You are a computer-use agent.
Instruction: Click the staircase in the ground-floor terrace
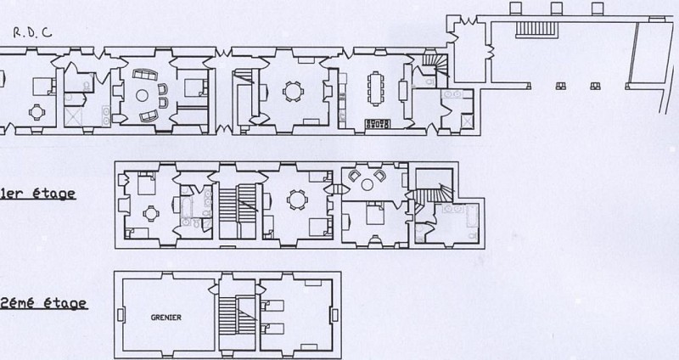[536, 28]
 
